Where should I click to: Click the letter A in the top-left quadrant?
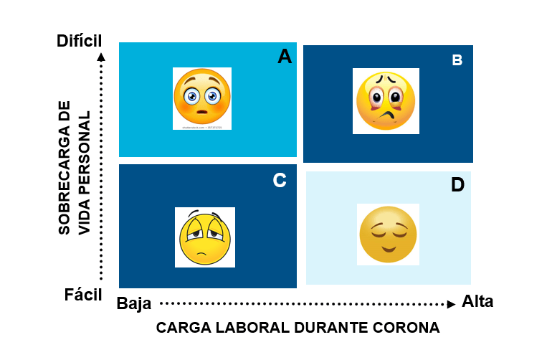pos(285,57)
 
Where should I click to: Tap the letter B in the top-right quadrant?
pos(457,60)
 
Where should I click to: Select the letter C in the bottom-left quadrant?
pos(280,181)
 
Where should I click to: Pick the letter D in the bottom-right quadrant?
pos(457,185)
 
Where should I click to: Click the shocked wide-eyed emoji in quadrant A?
pos(201,98)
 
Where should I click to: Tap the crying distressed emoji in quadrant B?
pos(386,100)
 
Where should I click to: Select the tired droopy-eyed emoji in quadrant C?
pos(204,237)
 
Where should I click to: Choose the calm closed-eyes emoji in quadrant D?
pos(388,234)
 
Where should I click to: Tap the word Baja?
pos(134,303)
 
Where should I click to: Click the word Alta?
pos(477,301)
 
